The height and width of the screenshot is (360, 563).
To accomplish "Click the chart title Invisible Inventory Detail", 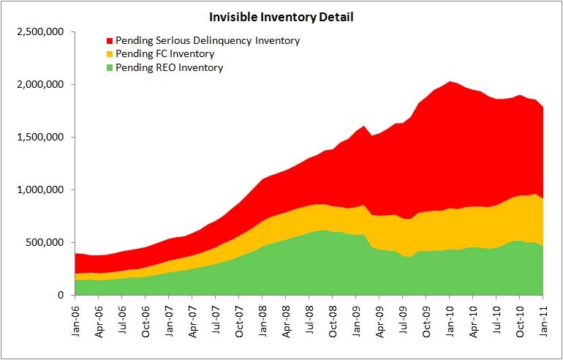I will (x=281, y=16).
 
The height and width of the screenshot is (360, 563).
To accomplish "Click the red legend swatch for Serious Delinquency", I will (x=110, y=40).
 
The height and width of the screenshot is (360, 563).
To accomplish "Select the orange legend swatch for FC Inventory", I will (x=110, y=54).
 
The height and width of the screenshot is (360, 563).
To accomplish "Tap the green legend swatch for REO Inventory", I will (x=110, y=68).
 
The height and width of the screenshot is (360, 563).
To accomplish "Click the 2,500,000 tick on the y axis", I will (x=41, y=32).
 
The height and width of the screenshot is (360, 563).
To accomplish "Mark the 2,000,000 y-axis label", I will (x=41, y=85).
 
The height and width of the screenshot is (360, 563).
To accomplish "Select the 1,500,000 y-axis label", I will (x=41, y=138).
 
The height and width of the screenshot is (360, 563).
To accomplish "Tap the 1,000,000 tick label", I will (x=41, y=190).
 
